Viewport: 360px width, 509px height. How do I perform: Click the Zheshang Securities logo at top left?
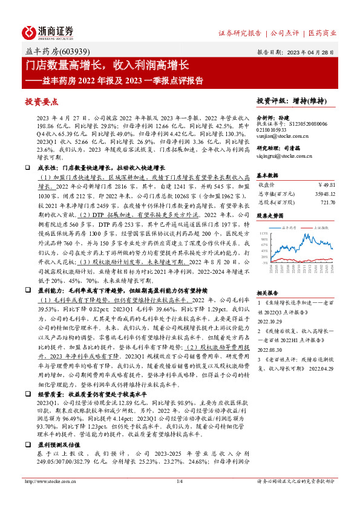point(47,32)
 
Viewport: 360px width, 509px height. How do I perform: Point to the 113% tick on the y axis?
point(263,233)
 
